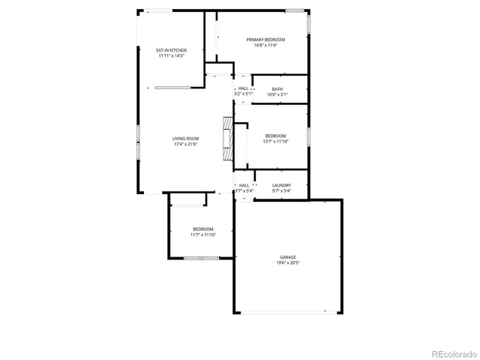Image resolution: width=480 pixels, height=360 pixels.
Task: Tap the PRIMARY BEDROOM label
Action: (x=266, y=39)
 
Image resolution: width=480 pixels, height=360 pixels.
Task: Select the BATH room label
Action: (x=277, y=89)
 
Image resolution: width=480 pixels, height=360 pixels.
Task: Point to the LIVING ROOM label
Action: (x=186, y=138)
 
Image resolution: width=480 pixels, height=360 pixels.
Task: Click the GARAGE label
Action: (x=288, y=257)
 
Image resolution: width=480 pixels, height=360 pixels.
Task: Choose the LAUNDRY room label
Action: (x=281, y=185)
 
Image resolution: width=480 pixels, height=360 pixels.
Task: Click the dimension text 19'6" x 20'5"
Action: (x=288, y=263)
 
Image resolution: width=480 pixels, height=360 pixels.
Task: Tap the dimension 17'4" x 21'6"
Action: (x=186, y=144)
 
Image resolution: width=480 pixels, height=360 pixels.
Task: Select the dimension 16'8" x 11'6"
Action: (x=266, y=45)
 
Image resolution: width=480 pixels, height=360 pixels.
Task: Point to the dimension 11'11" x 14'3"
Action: (x=171, y=56)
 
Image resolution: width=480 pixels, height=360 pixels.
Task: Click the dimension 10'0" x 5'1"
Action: (x=277, y=94)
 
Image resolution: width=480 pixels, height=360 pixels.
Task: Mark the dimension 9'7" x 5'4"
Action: (x=281, y=191)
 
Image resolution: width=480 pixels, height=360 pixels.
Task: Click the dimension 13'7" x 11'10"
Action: (x=275, y=141)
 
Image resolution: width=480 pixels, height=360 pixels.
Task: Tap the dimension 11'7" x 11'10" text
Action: (x=203, y=235)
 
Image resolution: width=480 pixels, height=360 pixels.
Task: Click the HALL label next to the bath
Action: (x=244, y=88)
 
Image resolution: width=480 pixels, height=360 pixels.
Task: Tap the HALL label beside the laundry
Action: (x=244, y=185)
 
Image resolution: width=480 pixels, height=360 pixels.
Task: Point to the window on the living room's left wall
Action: (x=137, y=142)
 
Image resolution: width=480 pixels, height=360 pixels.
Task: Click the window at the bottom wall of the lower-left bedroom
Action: (x=201, y=258)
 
